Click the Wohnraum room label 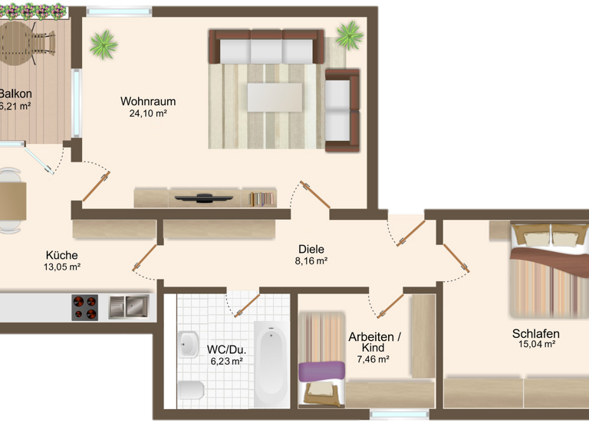pyautogui.click(x=148, y=101)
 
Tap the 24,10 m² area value pyautogui.click(x=148, y=113)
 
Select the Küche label pyautogui.click(x=61, y=255)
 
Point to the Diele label pyautogui.click(x=311, y=249)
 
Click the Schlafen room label pyautogui.click(x=535, y=333)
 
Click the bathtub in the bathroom pyautogui.click(x=271, y=364)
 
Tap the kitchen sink pyautogui.click(x=128, y=307)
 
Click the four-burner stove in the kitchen pyautogui.click(x=85, y=307)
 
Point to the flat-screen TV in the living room pyautogui.click(x=203, y=197)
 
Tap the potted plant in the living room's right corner pyautogui.click(x=350, y=34)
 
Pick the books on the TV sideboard pyautogui.click(x=262, y=198)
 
